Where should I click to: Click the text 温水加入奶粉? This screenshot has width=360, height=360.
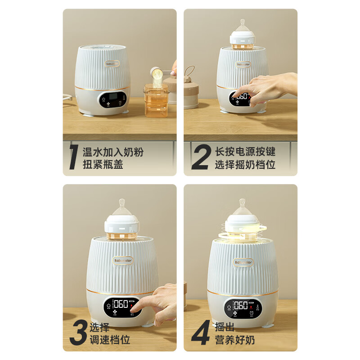point(113,152)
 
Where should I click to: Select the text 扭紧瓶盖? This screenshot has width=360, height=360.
point(103,164)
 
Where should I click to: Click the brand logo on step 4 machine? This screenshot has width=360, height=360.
point(243,261)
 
